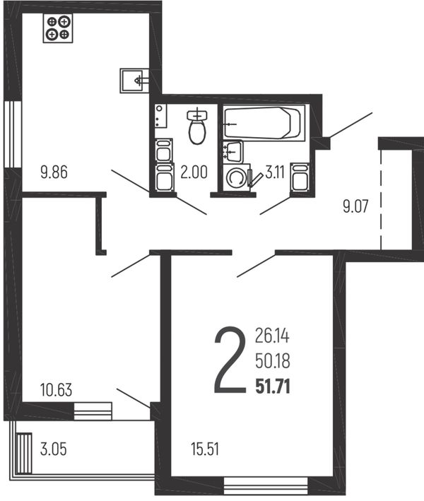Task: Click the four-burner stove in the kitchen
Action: coord(58,28)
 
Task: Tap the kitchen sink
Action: coord(134,81)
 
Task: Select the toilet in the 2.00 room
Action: coord(197,126)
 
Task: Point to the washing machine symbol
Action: coord(237,177)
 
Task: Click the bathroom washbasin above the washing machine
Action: coord(233,152)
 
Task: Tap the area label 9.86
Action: coord(54,172)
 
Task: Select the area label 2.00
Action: coord(194,172)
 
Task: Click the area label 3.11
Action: coord(275,172)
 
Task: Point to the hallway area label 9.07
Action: coord(355,206)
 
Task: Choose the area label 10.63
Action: coord(57,390)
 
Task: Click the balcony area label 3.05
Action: coord(54,449)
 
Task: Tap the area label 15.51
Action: coord(205,449)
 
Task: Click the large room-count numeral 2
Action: coord(230,360)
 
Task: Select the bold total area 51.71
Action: coord(273,387)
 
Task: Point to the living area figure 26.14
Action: coord(272,336)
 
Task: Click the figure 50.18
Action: coord(273,361)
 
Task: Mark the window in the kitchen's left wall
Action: coord(13,134)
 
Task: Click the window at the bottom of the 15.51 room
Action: coord(266,485)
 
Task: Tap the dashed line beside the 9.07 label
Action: coord(381,200)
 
